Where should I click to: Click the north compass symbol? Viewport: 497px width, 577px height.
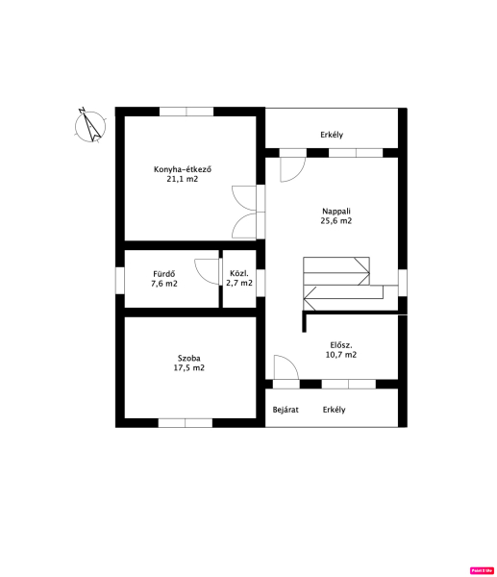90,126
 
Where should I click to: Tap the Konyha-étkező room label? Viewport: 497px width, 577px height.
183,169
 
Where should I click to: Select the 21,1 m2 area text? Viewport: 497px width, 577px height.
183,179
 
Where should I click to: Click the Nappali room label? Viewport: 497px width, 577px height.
336,212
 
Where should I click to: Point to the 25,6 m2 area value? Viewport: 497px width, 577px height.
336,221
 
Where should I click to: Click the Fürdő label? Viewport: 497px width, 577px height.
164,274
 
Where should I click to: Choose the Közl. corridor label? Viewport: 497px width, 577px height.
239,273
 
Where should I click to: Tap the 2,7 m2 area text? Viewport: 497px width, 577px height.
239,283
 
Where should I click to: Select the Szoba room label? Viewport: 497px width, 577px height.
189,358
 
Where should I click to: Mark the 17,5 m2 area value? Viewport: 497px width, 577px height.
189,367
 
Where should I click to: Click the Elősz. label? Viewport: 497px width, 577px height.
341,345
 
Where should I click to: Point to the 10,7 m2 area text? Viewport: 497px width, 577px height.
341,355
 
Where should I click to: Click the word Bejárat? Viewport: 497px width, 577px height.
286,410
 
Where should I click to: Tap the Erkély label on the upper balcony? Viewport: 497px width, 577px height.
332,135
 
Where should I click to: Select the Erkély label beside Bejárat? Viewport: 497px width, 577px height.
334,410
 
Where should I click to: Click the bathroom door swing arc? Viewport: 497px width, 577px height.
201,277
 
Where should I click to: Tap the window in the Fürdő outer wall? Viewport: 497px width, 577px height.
120,281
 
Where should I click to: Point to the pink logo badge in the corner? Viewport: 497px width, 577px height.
482,570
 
